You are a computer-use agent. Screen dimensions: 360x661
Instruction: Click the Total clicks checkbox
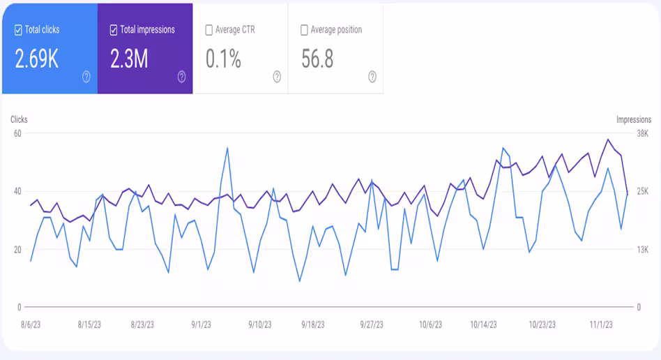[18, 30]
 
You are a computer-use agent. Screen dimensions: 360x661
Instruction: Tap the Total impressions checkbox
[114, 30]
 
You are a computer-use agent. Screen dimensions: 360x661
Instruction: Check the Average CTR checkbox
[208, 30]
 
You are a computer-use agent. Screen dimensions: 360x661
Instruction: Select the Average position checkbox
[304, 30]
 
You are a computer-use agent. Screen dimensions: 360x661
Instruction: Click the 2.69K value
[37, 59]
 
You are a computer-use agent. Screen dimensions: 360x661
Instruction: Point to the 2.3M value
[129, 59]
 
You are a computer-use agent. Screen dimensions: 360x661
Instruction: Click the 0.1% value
[223, 59]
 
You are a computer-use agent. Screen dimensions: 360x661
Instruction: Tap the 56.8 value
[317, 59]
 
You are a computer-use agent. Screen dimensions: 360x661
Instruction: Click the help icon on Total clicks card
[86, 77]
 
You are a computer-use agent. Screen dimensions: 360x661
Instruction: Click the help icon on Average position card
[372, 77]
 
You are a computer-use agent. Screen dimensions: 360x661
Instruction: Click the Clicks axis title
[19, 120]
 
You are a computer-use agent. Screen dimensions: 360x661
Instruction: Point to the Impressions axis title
[633, 120]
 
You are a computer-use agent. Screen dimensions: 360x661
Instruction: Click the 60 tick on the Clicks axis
[17, 133]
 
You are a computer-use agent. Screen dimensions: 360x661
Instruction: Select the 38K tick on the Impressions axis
[642, 133]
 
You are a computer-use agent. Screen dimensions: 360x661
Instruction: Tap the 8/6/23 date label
[31, 324]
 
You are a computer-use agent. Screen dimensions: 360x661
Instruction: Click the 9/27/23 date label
[372, 324]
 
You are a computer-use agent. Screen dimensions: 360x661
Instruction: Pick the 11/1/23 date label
[600, 324]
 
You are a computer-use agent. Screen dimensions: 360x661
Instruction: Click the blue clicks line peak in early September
[227, 147]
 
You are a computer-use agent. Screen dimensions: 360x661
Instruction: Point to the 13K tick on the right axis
[642, 249]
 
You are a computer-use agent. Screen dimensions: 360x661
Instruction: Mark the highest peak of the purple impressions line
[608, 140]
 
